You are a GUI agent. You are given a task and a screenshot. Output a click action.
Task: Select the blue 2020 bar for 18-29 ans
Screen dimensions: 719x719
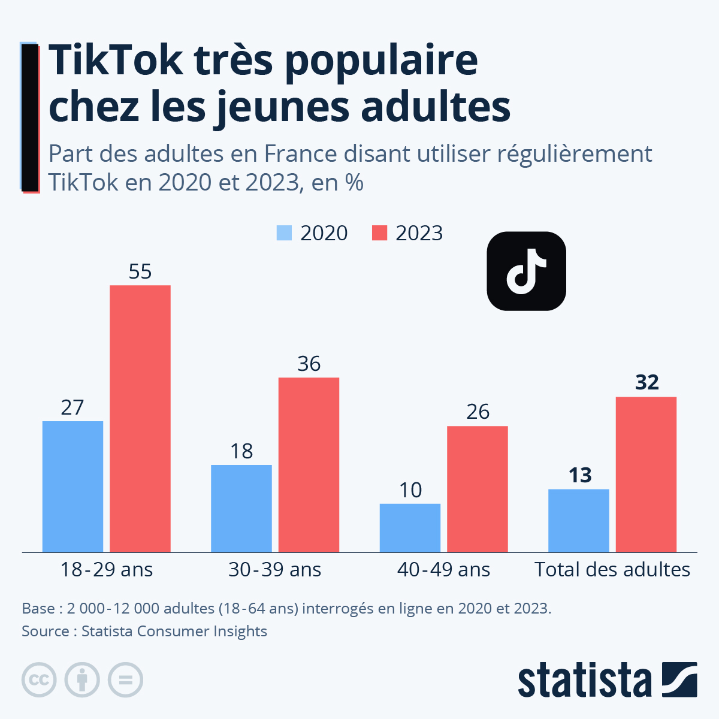click(x=72, y=487)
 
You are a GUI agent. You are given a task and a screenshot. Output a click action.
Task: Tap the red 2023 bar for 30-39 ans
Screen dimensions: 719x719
click(x=309, y=464)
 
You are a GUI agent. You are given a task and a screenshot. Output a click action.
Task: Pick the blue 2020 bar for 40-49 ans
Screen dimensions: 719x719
click(x=410, y=527)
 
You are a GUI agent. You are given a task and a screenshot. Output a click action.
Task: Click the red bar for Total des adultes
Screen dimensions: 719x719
click(x=646, y=474)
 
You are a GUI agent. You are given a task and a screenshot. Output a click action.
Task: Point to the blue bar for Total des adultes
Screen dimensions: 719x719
click(x=578, y=520)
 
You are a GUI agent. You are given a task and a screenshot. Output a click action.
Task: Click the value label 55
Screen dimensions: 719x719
click(x=140, y=271)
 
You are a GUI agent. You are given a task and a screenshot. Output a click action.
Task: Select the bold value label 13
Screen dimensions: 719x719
click(x=580, y=475)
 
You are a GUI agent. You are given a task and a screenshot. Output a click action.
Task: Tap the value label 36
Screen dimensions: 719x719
click(x=309, y=364)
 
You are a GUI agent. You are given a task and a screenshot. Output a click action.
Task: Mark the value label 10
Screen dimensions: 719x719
click(x=410, y=490)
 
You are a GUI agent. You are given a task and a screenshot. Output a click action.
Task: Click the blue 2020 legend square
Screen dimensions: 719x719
click(x=284, y=233)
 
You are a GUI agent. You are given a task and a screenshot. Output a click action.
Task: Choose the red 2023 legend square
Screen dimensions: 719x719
click(x=379, y=233)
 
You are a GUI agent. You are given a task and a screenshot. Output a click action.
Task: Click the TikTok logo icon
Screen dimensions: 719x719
click(x=526, y=271)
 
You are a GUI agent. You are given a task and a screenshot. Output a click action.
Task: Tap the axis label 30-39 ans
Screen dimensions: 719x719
click(x=275, y=569)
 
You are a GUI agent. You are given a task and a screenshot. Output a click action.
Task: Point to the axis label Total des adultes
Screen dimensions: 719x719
click(x=612, y=569)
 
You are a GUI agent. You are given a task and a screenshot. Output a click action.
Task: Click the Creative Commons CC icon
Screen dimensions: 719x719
click(x=39, y=680)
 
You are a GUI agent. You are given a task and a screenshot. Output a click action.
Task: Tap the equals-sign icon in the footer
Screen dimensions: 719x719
click(x=125, y=680)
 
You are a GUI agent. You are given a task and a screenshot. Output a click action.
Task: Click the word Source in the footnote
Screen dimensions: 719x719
click(x=45, y=631)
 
